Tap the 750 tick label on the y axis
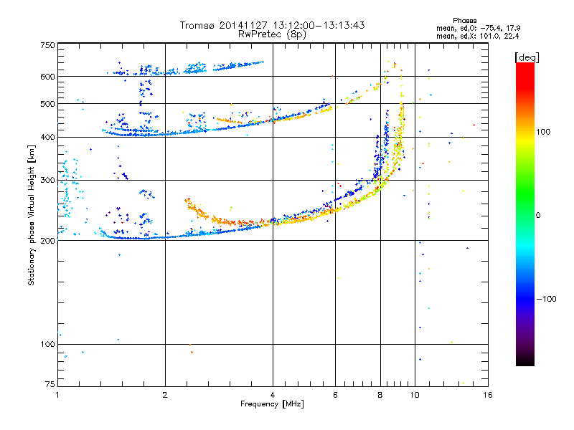tap(47, 44)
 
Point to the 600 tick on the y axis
tap(47, 76)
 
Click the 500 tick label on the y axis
tap(47, 104)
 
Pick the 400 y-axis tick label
tap(47, 137)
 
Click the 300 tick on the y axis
tap(47, 180)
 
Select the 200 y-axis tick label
tap(47, 240)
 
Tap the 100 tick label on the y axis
tap(47, 344)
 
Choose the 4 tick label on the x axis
tap(273, 395)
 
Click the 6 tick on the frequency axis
tap(335, 395)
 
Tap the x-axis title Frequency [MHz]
tap(272, 404)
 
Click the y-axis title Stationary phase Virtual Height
tap(32, 215)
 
